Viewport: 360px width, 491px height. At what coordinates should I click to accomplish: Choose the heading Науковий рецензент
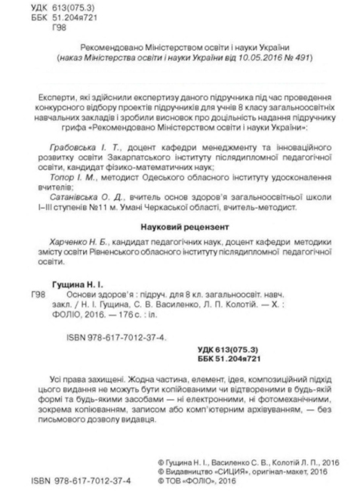click(180, 227)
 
